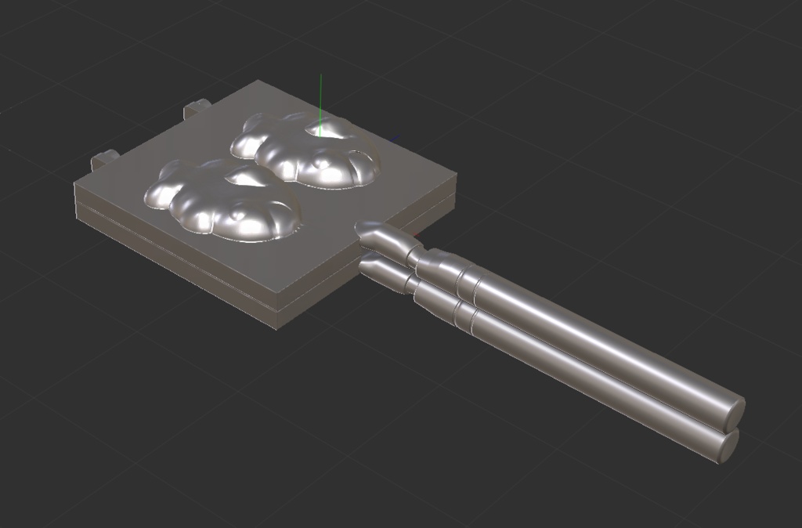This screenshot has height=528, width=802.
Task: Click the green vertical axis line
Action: pyautogui.click(x=320, y=98)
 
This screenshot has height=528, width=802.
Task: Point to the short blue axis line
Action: pyautogui.click(x=394, y=141)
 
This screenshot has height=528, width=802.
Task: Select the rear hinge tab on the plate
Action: pyautogui.click(x=197, y=107)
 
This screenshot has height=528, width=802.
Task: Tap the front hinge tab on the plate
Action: pyautogui.click(x=103, y=161)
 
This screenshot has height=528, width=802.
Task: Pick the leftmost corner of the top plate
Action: pyautogui.click(x=77, y=185)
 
